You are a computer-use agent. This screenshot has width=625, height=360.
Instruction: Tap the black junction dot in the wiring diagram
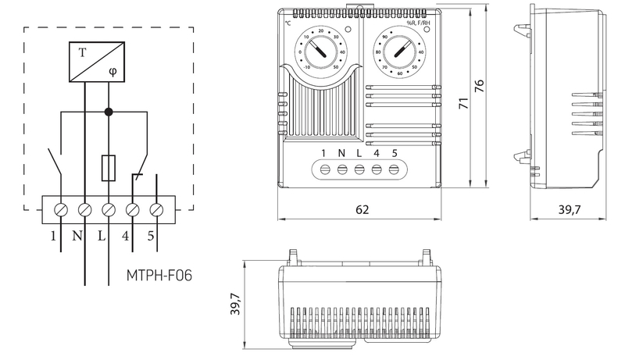tap(109, 112)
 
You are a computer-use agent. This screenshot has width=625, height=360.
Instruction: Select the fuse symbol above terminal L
tap(109, 167)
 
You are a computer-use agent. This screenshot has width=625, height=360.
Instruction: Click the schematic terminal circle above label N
tap(84, 209)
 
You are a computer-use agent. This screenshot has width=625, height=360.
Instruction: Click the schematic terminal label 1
tap(54, 235)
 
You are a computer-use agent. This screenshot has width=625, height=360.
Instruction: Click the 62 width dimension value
tap(362, 210)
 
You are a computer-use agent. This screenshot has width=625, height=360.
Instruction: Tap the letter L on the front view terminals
tap(359, 152)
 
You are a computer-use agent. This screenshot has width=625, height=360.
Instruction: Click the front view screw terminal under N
tap(341, 169)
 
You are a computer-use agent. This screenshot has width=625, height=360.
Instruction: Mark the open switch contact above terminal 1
tap(55, 164)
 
